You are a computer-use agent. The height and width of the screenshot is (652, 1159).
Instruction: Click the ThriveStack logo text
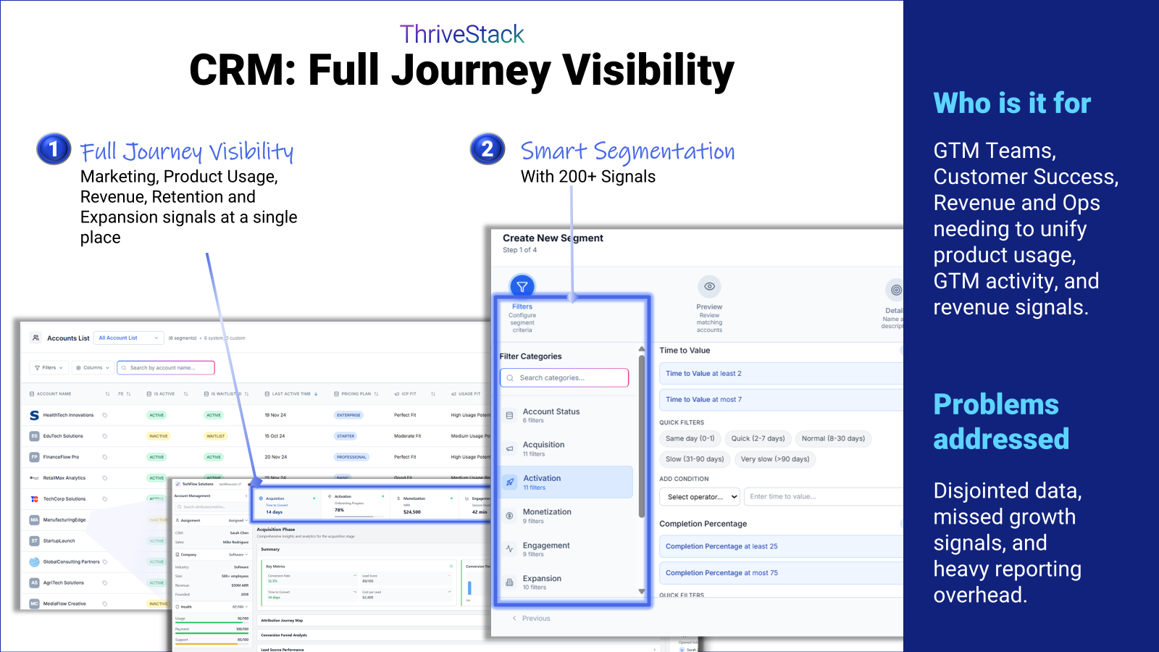click(x=461, y=34)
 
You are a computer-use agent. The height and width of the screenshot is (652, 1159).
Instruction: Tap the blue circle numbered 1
click(x=54, y=149)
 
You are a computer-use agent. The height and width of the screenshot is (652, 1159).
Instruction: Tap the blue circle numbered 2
click(x=488, y=149)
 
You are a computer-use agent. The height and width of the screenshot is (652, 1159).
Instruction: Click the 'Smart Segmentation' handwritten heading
click(x=627, y=151)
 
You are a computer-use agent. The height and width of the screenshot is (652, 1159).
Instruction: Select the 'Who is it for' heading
click(x=1012, y=104)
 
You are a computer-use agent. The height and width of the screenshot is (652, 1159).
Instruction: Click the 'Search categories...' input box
click(x=564, y=377)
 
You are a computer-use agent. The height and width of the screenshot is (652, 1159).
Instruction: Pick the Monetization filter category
click(x=547, y=515)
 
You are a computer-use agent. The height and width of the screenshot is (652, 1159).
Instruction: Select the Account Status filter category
click(x=551, y=415)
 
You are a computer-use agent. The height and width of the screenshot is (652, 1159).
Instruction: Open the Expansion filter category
click(x=542, y=582)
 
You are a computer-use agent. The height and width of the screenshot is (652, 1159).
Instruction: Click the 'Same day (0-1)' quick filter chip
click(x=690, y=438)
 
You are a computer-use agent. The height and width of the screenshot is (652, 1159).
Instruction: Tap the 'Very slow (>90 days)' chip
click(x=774, y=459)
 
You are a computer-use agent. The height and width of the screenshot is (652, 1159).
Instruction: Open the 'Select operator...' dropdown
click(x=700, y=497)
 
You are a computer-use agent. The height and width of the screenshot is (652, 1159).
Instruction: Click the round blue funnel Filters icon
click(x=522, y=287)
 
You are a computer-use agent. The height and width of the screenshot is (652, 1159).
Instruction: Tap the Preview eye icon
click(x=709, y=287)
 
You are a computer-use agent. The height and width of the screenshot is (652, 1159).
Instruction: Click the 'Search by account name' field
click(x=166, y=368)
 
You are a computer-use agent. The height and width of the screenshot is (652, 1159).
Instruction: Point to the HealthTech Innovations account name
click(x=68, y=415)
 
